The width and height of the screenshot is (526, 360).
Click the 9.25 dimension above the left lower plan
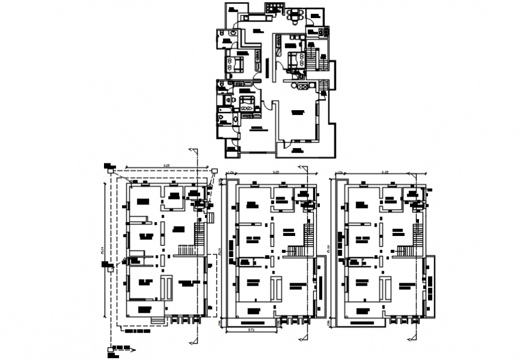(x=164, y=165)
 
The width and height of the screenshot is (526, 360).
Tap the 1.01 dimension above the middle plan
(x=230, y=172)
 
